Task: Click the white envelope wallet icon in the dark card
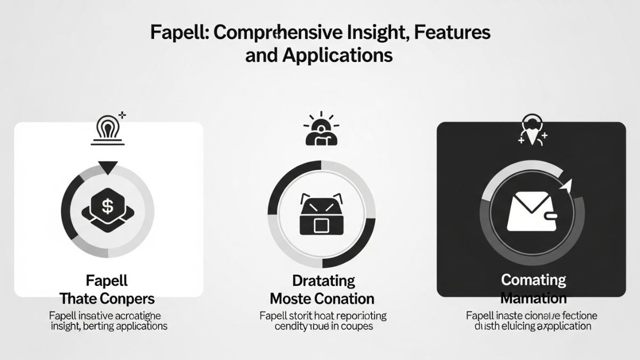point(530,211)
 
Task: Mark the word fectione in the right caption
point(576,315)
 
